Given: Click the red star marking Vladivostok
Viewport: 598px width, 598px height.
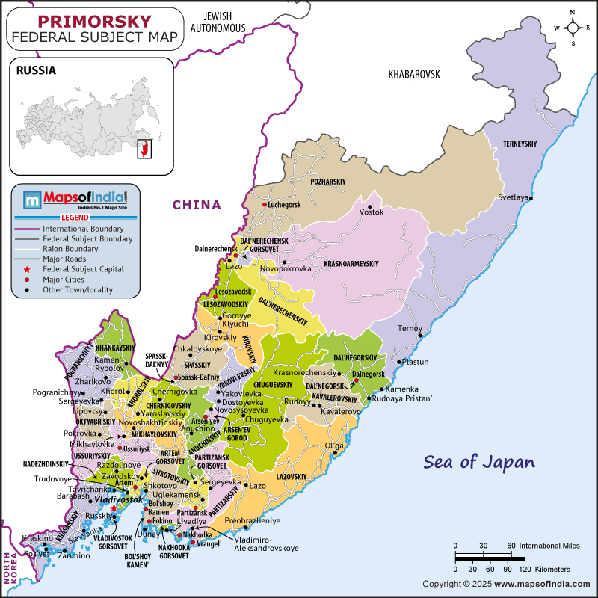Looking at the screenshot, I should point(114,508).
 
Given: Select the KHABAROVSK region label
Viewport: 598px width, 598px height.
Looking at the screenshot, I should point(414,74).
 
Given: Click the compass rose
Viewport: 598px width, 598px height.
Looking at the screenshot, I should point(573,28).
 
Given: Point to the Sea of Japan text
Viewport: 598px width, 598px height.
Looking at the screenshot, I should point(479,461).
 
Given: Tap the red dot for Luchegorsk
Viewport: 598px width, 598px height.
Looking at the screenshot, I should point(264,205).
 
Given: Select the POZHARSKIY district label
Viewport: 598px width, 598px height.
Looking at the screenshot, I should point(328,182).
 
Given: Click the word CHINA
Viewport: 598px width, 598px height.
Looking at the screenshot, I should point(197,205).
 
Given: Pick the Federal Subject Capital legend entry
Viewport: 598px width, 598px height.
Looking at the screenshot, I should point(82,269).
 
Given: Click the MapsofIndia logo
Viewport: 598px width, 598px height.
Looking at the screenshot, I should point(75,200).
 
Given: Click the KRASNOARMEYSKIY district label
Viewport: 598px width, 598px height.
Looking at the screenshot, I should point(351,264).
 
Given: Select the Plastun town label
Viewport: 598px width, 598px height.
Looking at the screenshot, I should point(416,362).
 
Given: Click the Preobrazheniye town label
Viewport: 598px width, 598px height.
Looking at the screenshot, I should point(252,520).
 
